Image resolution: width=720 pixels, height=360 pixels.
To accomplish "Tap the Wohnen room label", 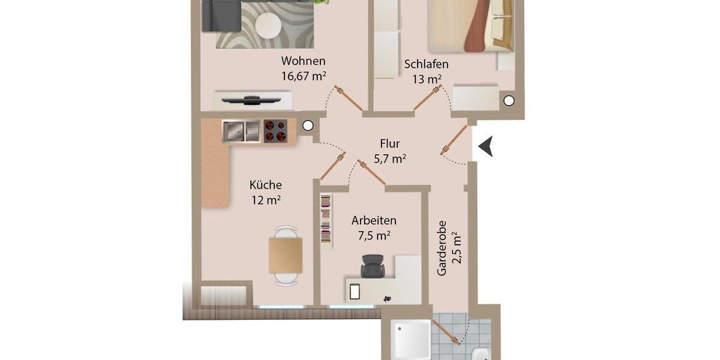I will (x=303, y=61).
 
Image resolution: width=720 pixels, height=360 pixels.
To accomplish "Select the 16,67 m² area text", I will (x=303, y=76).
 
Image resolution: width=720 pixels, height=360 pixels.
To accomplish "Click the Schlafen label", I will (x=426, y=64).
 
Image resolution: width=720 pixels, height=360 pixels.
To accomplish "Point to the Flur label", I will (x=389, y=144).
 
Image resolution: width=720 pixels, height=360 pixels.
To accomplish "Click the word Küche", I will (x=265, y=185).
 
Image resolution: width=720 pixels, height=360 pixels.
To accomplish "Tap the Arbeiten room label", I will (x=373, y=220).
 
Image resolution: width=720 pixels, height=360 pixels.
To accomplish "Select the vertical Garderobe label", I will (x=442, y=248).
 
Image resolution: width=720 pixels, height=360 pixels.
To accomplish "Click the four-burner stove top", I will (x=275, y=131).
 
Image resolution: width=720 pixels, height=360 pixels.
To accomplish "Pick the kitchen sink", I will (x=240, y=131).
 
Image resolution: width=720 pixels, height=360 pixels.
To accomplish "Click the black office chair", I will (x=373, y=266).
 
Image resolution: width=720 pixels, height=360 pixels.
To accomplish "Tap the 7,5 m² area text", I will (x=374, y=236).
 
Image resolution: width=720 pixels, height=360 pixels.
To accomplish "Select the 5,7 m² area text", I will (x=390, y=159).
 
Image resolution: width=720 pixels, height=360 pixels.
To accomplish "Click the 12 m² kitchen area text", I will (x=266, y=200).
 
